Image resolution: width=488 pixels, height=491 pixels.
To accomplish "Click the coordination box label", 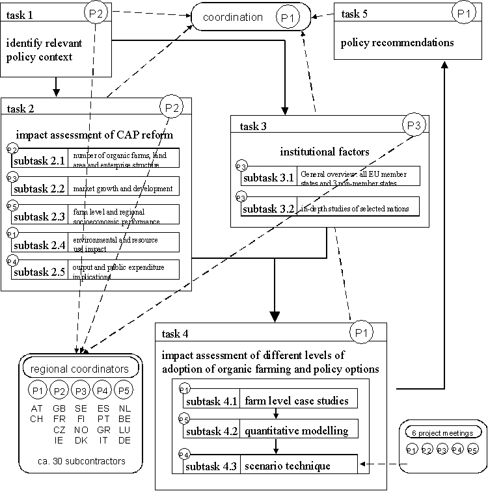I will (232, 18).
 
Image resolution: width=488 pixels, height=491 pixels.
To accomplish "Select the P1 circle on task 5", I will (463, 12).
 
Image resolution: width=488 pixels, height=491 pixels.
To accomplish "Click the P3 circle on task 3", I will (414, 124).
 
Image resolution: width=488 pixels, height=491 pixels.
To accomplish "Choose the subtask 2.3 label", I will (39, 216).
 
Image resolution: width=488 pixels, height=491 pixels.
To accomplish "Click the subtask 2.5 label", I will (39, 271).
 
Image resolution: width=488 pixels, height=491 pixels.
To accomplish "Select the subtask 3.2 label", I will (268, 209).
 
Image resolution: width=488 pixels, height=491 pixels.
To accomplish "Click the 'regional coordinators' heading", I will (81, 369).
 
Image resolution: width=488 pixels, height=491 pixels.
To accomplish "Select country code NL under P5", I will (124, 408).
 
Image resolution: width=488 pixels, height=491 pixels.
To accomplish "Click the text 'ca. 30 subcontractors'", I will (81, 461).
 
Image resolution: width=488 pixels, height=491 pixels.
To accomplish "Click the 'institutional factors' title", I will (325, 152).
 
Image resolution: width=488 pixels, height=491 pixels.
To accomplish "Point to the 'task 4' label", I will (175, 334).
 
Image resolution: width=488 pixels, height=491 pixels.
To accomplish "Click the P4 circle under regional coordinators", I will (102, 390).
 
